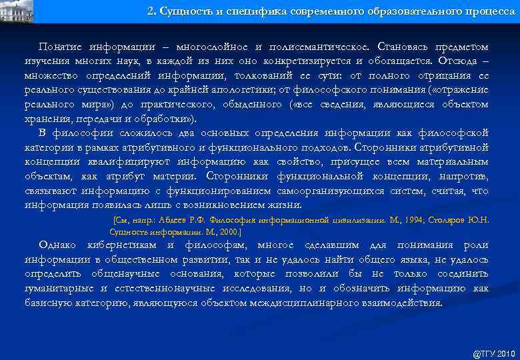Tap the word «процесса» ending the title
487,11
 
